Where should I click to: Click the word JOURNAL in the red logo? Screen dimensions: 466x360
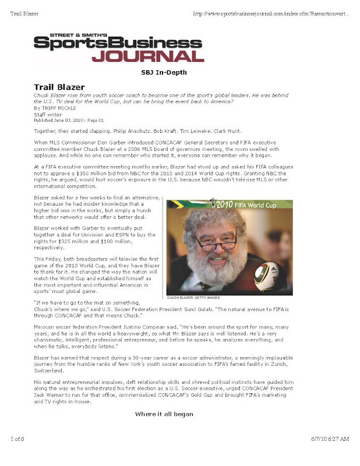click(x=147, y=56)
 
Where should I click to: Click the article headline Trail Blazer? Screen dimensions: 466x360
click(x=59, y=87)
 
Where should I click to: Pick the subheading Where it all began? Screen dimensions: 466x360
click(x=164, y=414)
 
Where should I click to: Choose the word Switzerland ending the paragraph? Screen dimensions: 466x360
click(x=51, y=370)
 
